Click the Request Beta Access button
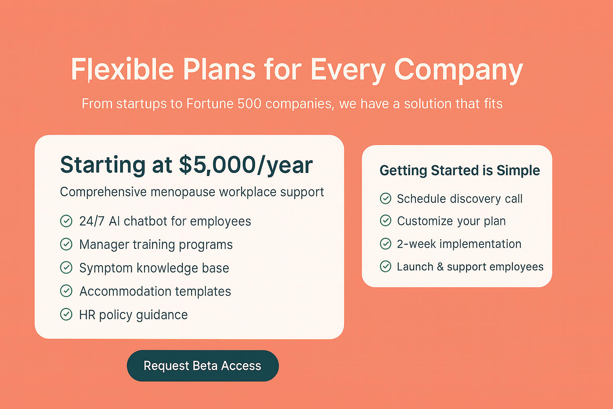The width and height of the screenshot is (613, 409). (203, 366)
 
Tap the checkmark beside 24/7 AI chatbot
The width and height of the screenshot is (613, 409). (66, 221)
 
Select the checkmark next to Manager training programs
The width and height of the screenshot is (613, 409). (66, 244)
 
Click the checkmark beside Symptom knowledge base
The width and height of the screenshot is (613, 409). (66, 268)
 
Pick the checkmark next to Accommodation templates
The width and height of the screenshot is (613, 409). (66, 291)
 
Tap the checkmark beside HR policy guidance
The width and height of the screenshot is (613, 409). (66, 314)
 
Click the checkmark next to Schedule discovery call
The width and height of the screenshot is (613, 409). (386, 199)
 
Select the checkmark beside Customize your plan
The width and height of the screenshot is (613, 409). (386, 220)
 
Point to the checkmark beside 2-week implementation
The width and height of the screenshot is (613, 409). (386, 244)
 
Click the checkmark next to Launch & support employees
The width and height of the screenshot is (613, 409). (386, 266)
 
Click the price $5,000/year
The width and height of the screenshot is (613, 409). (246, 165)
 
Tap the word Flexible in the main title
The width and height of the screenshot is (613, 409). (123, 69)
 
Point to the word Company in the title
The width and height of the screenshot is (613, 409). (459, 70)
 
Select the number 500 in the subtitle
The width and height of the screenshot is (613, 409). (249, 104)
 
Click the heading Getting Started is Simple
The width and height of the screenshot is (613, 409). (460, 171)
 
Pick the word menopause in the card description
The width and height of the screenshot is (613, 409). (182, 192)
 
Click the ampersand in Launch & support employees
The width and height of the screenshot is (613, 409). (440, 267)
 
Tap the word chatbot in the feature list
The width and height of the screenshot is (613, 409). (145, 221)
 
